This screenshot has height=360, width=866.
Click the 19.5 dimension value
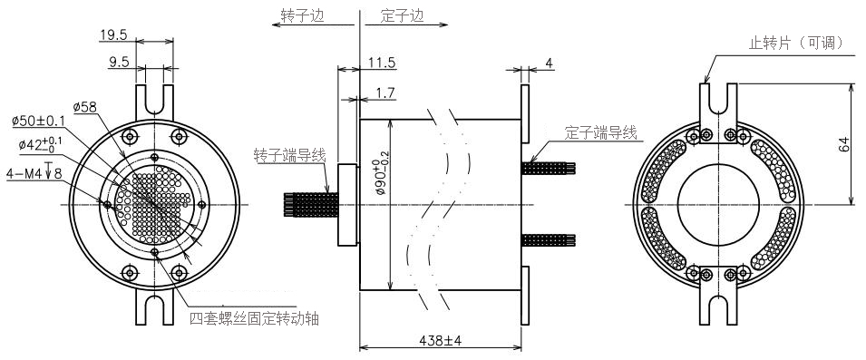pos(113,35)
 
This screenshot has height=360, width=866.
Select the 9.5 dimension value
pos(119,62)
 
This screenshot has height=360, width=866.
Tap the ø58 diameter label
pos(85,107)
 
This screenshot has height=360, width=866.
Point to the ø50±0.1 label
pos(39,121)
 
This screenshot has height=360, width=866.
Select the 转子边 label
pos(302,15)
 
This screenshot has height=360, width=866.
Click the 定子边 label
pos(402,15)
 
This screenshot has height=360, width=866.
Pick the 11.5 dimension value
pos(382,62)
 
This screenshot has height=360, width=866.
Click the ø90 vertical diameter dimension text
pos(381,175)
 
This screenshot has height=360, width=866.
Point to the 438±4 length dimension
pos(439,340)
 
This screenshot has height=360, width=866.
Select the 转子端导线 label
pos(290,155)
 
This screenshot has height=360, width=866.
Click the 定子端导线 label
pos(601,132)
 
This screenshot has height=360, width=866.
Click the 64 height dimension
pos(843,145)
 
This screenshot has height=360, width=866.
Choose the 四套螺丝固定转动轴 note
pos(254,318)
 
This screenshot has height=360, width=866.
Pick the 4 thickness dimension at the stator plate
pos(549,63)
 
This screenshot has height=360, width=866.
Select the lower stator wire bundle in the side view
pos(549,239)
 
